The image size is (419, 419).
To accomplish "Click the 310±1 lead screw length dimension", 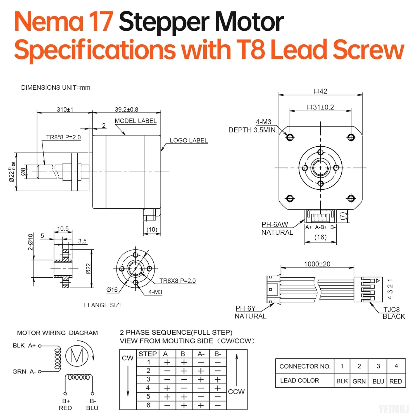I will [65, 109].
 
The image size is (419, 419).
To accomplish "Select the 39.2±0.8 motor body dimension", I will [126, 109].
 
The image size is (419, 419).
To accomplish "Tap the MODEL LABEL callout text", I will [135, 121].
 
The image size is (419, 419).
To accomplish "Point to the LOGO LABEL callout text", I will [189, 141].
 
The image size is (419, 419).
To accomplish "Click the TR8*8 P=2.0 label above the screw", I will [63, 137].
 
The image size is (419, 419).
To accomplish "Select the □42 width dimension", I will [320, 91].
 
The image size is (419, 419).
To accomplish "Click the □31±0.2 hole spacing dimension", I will [320, 107].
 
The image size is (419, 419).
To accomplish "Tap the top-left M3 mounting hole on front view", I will [290, 137].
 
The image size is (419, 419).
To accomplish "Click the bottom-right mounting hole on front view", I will [351, 198].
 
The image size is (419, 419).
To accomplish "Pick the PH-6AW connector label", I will [275, 225].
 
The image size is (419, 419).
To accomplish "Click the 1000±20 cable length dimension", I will [317, 264].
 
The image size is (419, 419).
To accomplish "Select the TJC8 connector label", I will [391, 310].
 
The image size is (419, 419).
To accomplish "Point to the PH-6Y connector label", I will [246, 308].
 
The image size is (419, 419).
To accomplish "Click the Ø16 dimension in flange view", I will [112, 290].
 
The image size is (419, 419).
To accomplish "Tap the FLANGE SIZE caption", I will [103, 305].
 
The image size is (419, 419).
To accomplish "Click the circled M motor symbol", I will [77, 356].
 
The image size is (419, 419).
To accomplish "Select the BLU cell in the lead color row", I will [378, 381].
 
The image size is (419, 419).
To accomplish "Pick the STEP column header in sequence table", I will [147, 354].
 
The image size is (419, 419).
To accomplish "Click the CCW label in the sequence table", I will [236, 392].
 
